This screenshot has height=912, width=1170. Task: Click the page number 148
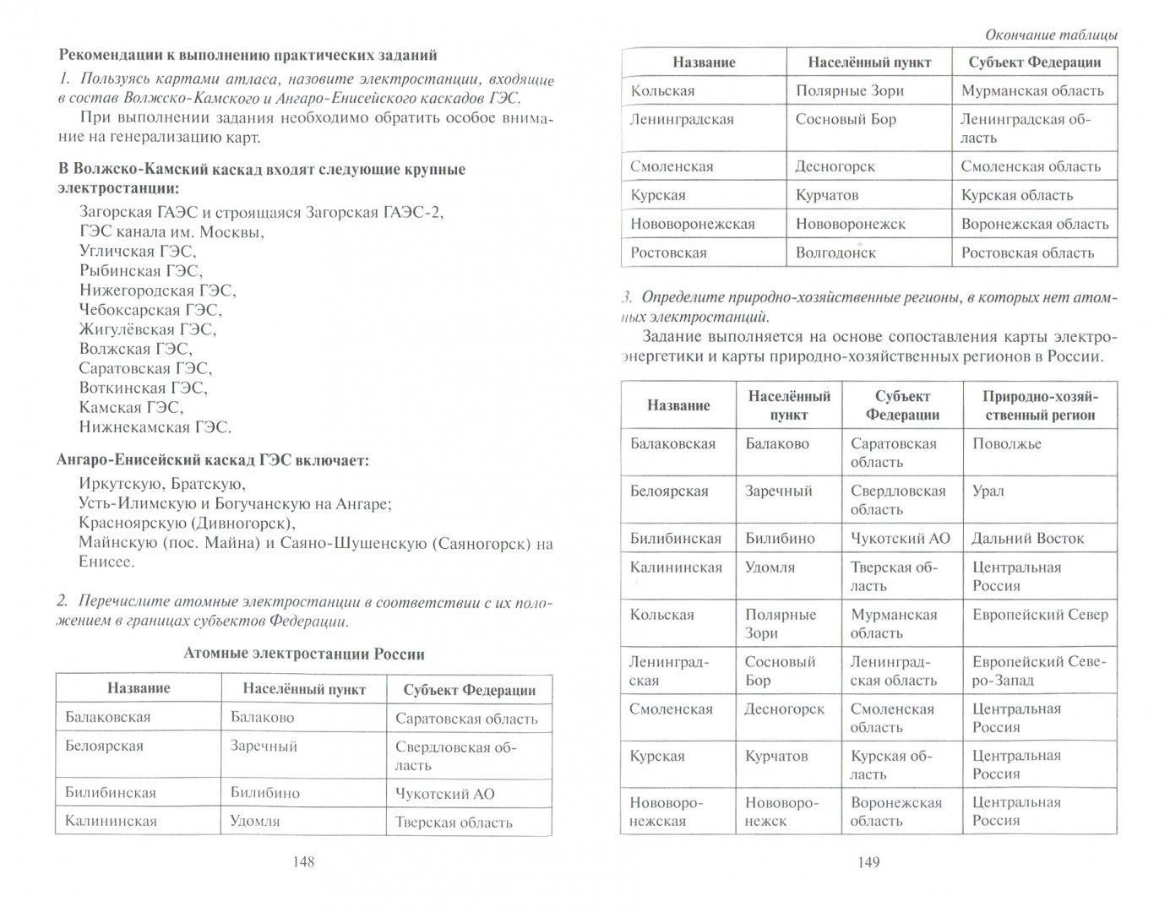(302, 862)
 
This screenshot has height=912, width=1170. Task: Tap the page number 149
(868, 862)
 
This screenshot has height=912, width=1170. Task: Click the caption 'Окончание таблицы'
(1051, 35)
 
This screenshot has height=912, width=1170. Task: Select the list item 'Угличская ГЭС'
(138, 251)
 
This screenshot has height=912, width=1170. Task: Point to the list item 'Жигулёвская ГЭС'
(148, 329)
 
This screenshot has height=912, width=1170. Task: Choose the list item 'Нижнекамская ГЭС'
(155, 427)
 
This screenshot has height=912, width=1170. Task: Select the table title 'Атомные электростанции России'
(304, 654)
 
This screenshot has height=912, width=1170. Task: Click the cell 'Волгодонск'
(835, 252)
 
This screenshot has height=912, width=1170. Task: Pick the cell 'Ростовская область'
(1027, 252)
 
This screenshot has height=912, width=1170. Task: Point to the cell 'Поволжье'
(1007, 444)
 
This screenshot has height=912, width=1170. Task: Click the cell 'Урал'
(988, 491)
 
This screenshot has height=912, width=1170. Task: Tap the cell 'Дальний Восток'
(1028, 539)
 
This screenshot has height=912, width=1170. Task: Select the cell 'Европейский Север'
(1040, 615)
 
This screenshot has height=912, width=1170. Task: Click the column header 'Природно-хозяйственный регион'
(1039, 405)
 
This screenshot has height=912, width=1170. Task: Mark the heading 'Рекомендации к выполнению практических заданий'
(248, 56)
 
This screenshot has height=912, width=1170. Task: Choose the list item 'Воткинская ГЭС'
(143, 388)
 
